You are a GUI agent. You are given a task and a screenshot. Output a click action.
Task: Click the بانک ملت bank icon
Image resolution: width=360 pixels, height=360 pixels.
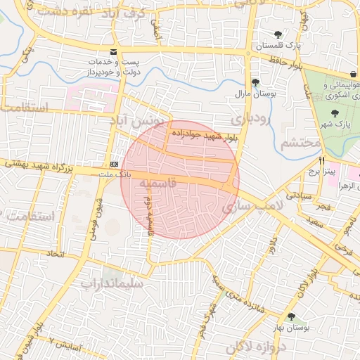pyautogui.click(x=114, y=164)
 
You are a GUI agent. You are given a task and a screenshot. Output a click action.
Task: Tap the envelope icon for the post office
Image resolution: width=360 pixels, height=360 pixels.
pyautogui.click(x=114, y=52)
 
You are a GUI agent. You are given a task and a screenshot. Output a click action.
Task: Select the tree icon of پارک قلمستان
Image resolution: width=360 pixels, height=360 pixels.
pyautogui.click(x=278, y=34)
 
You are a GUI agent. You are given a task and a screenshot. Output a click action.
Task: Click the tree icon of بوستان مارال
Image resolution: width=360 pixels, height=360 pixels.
pyautogui.click(x=255, y=82)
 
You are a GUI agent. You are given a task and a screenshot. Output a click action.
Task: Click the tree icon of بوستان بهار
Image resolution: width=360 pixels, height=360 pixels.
pyautogui.click(x=291, y=317)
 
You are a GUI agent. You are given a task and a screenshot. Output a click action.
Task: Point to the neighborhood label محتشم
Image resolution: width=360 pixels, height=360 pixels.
pyautogui.click(x=300, y=143)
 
